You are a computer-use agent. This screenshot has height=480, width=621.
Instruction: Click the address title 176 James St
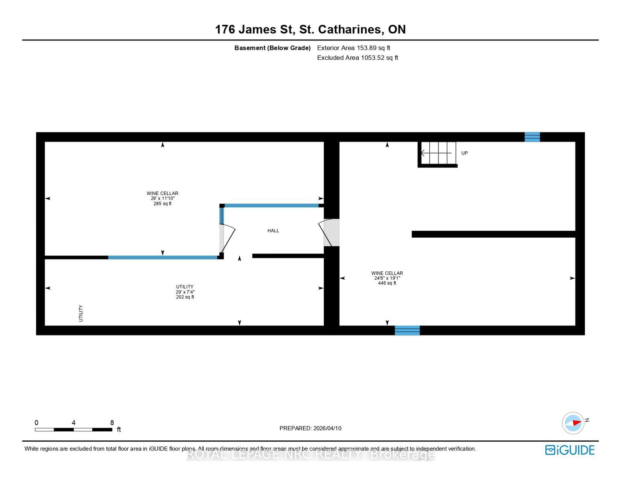310,30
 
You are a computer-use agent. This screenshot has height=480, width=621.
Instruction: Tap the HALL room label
273,231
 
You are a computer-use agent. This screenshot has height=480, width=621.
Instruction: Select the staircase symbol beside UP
438,153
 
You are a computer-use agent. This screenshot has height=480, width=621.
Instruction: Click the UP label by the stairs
465,153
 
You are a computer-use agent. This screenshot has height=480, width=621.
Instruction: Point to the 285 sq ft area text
162,203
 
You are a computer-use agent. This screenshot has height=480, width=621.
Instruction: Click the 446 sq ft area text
387,283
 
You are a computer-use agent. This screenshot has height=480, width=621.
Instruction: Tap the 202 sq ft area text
185,297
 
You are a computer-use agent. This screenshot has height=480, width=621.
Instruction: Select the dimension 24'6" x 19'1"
387,278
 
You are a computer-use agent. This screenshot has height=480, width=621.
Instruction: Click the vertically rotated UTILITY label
81,313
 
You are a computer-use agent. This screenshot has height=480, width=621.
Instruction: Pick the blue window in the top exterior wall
532,137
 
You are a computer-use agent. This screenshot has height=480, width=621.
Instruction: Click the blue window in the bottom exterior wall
407,330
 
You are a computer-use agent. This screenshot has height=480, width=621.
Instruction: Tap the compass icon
573,423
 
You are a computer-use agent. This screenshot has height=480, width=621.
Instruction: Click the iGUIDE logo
569,450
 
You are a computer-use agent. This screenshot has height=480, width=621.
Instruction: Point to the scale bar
73,430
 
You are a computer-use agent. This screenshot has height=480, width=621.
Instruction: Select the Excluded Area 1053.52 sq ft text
357,58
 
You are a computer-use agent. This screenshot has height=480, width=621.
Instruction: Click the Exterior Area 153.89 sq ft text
354,48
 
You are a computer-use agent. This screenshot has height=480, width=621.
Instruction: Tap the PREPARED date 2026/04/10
310,428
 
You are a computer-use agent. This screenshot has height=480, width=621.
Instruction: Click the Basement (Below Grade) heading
272,48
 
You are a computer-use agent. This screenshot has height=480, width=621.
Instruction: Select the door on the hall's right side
329,233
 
